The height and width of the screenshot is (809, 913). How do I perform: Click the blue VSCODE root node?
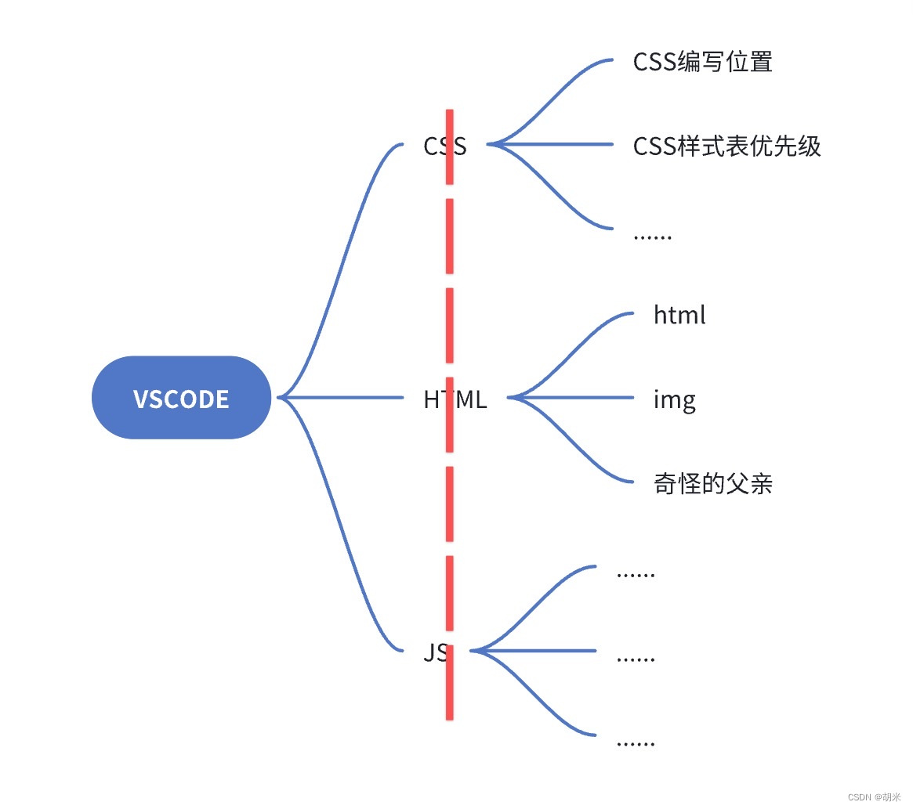coord(181,398)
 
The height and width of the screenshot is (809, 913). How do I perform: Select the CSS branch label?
coord(444,146)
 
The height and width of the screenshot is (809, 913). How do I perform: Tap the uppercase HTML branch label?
coord(455,399)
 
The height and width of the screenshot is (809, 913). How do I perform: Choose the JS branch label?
coord(436,652)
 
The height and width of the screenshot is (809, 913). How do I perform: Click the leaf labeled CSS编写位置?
coord(702,62)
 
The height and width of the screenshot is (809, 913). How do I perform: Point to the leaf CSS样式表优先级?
coord(726,146)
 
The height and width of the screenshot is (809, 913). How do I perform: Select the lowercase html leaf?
coord(679,315)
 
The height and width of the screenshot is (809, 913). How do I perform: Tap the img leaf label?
coord(674,399)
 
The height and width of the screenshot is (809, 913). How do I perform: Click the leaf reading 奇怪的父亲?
coord(712,483)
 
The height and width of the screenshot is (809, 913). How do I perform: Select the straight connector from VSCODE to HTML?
coord(345,398)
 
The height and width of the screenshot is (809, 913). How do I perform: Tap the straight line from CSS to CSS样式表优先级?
coord(556,145)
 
